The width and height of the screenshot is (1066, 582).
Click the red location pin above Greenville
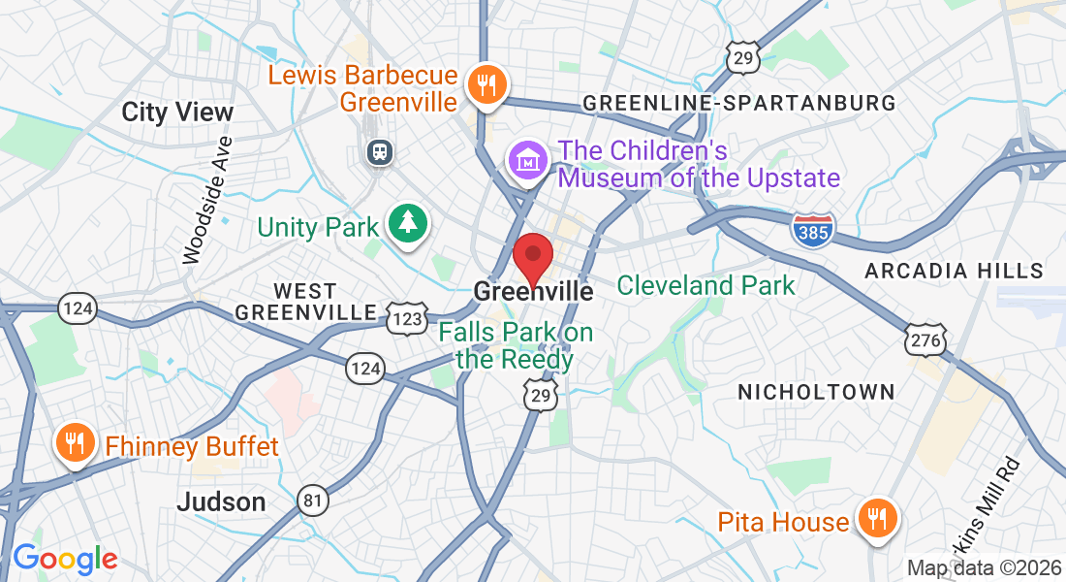pyautogui.click(x=532, y=256)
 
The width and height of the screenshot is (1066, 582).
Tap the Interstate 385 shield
pyautogui.click(x=812, y=230)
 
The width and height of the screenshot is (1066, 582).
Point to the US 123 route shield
pyautogui.click(x=407, y=317)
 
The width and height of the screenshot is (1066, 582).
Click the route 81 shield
pyautogui.click(x=313, y=499)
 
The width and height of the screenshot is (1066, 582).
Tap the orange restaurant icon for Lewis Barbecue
pyautogui.click(x=482, y=85)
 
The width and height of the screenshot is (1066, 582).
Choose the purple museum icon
pyautogui.click(x=528, y=160)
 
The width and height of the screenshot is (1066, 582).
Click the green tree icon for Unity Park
pyautogui.click(x=408, y=224)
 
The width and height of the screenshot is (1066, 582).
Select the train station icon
pyautogui.click(x=377, y=151)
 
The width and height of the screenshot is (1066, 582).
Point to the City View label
pyautogui.click(x=177, y=112)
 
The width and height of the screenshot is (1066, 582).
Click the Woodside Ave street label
pyautogui.click(x=208, y=198)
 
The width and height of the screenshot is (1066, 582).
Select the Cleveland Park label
pyautogui.click(x=705, y=285)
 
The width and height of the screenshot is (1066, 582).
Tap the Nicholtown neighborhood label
pyautogui.click(x=816, y=392)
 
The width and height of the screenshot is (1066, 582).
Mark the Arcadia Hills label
pyautogui.click(x=954, y=271)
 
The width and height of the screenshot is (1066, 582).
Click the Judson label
pyautogui.click(x=221, y=501)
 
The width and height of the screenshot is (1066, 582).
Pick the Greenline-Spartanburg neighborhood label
pyautogui.click(x=738, y=103)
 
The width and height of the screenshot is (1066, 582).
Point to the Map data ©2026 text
pyautogui.click(x=984, y=567)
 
